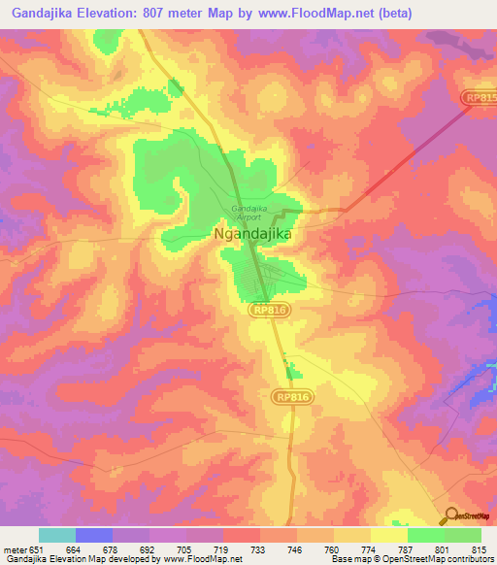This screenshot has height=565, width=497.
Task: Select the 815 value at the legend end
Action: [477, 549]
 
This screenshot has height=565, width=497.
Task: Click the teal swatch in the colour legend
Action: [56, 535]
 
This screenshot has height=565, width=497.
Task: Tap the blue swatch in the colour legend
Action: [93, 535]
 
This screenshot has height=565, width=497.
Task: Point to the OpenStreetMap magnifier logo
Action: [451, 515]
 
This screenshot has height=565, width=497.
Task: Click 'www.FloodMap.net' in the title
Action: [311, 14]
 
